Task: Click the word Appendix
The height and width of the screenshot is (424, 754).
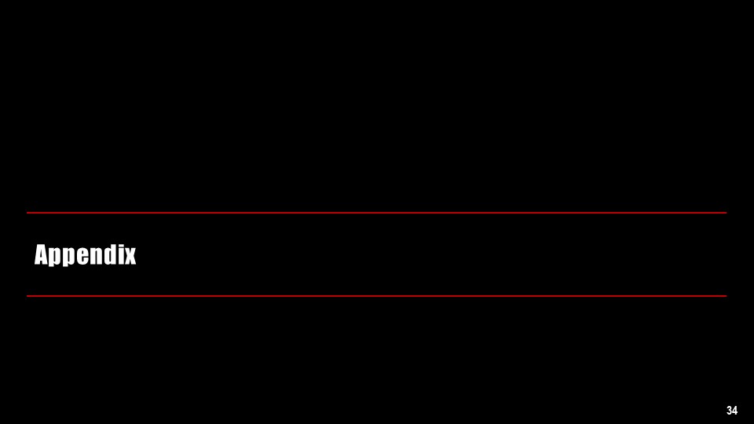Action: pyautogui.click(x=85, y=255)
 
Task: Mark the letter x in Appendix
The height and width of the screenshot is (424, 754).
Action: pyautogui.click(x=130, y=257)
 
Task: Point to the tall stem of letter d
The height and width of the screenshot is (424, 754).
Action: pyautogui.click(x=114, y=253)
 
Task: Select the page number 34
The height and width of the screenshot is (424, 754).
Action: pyautogui.click(x=732, y=411)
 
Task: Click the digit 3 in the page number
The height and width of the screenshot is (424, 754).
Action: pyautogui.click(x=730, y=411)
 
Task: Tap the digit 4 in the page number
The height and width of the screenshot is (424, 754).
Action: pyautogui.click(x=735, y=411)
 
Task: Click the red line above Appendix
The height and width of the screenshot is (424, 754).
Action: pyautogui.click(x=377, y=213)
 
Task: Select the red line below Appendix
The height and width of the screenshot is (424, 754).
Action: pyautogui.click(x=377, y=296)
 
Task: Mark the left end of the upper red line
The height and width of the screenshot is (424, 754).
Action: pyautogui.click(x=27, y=213)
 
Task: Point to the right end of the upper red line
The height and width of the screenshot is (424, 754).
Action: pyautogui.click(x=725, y=213)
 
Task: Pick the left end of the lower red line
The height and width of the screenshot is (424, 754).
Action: pyautogui.click(x=27, y=296)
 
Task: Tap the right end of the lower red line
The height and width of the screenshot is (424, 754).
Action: pyautogui.click(x=725, y=296)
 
